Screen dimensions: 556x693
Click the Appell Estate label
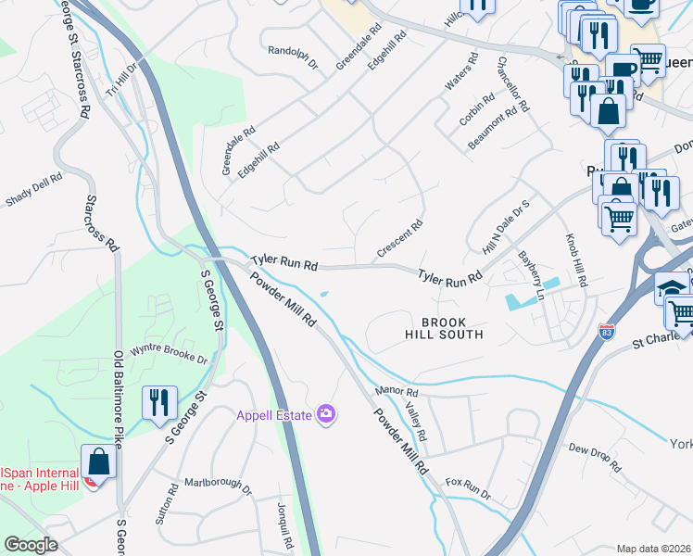pos(273,415)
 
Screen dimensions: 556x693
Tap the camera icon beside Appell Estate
pos(325,413)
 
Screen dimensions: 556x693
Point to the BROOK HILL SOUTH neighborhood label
pos(445,327)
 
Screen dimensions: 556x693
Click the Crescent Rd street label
pos(400,239)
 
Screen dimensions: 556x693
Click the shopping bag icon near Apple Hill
pos(98,461)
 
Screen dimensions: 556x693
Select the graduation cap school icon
pos(670,287)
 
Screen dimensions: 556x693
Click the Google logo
pos(31,545)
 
